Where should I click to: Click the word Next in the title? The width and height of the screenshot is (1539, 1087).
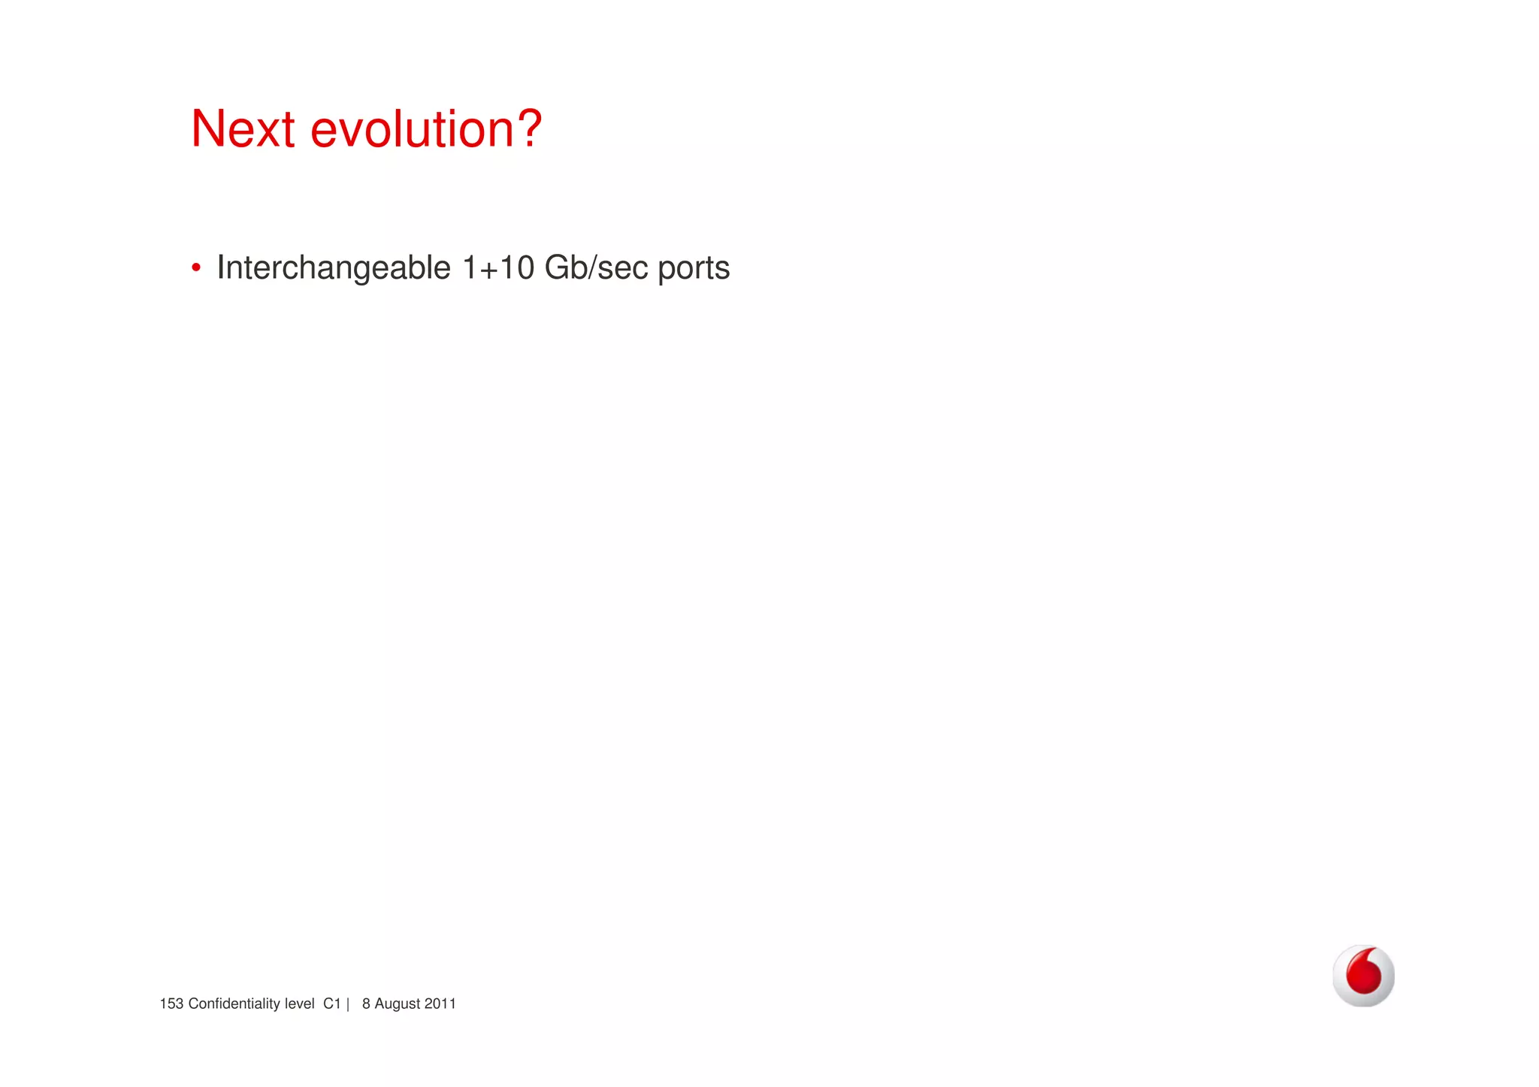(x=243, y=129)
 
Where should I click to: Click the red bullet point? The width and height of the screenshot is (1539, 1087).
(x=196, y=267)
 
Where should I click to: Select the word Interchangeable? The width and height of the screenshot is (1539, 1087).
(x=334, y=268)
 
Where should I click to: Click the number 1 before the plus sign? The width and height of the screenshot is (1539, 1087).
(x=470, y=267)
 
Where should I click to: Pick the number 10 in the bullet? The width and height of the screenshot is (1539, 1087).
(x=516, y=267)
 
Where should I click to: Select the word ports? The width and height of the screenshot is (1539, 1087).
(x=694, y=269)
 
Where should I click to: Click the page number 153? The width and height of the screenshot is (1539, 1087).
(x=171, y=1004)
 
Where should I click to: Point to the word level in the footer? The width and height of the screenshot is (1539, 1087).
(x=299, y=1004)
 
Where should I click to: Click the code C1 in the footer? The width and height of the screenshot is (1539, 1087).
(x=332, y=1004)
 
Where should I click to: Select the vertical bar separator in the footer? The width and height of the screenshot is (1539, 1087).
(x=348, y=1004)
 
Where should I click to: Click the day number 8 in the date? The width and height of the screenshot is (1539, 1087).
(x=366, y=1004)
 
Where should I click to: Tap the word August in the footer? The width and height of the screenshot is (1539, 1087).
(x=398, y=1004)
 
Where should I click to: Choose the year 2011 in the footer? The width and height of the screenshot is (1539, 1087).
(x=440, y=1004)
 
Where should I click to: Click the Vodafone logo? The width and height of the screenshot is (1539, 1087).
(x=1363, y=975)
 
